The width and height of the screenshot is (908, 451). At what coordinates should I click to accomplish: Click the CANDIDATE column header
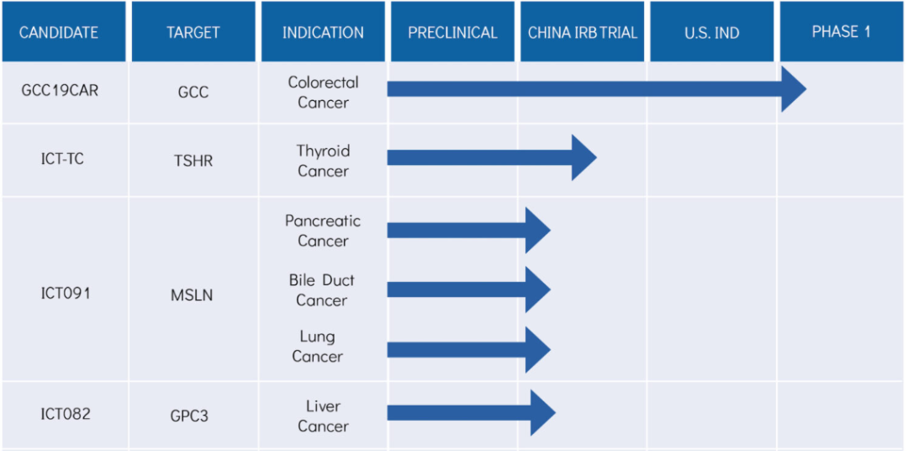[x=59, y=33]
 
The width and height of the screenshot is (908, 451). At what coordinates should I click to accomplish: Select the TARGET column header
[x=193, y=33]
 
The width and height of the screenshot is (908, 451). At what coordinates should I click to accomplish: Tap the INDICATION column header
[x=323, y=33]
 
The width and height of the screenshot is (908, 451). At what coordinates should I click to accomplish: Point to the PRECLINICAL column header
[x=453, y=33]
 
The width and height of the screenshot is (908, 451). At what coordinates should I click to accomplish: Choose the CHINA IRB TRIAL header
[x=583, y=33]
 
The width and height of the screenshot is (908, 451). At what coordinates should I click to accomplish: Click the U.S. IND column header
[x=712, y=33]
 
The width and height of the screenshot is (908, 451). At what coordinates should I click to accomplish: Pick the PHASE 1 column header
[x=842, y=31]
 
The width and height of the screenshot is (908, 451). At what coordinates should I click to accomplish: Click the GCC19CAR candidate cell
[x=61, y=91]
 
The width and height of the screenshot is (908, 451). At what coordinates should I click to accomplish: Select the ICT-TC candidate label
[x=62, y=158]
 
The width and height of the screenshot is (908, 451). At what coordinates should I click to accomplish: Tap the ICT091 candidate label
[x=66, y=294]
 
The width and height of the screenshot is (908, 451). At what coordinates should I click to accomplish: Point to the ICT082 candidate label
[x=66, y=415]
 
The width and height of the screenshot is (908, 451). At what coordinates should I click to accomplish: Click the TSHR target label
[x=193, y=161]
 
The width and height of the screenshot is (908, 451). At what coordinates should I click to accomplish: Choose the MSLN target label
[x=192, y=295]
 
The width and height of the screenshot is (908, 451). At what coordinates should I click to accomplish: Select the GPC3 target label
[x=189, y=417]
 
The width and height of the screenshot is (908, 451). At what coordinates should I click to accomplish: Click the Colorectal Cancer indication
[x=323, y=93]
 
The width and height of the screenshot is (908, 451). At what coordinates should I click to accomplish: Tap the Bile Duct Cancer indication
[x=322, y=290]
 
